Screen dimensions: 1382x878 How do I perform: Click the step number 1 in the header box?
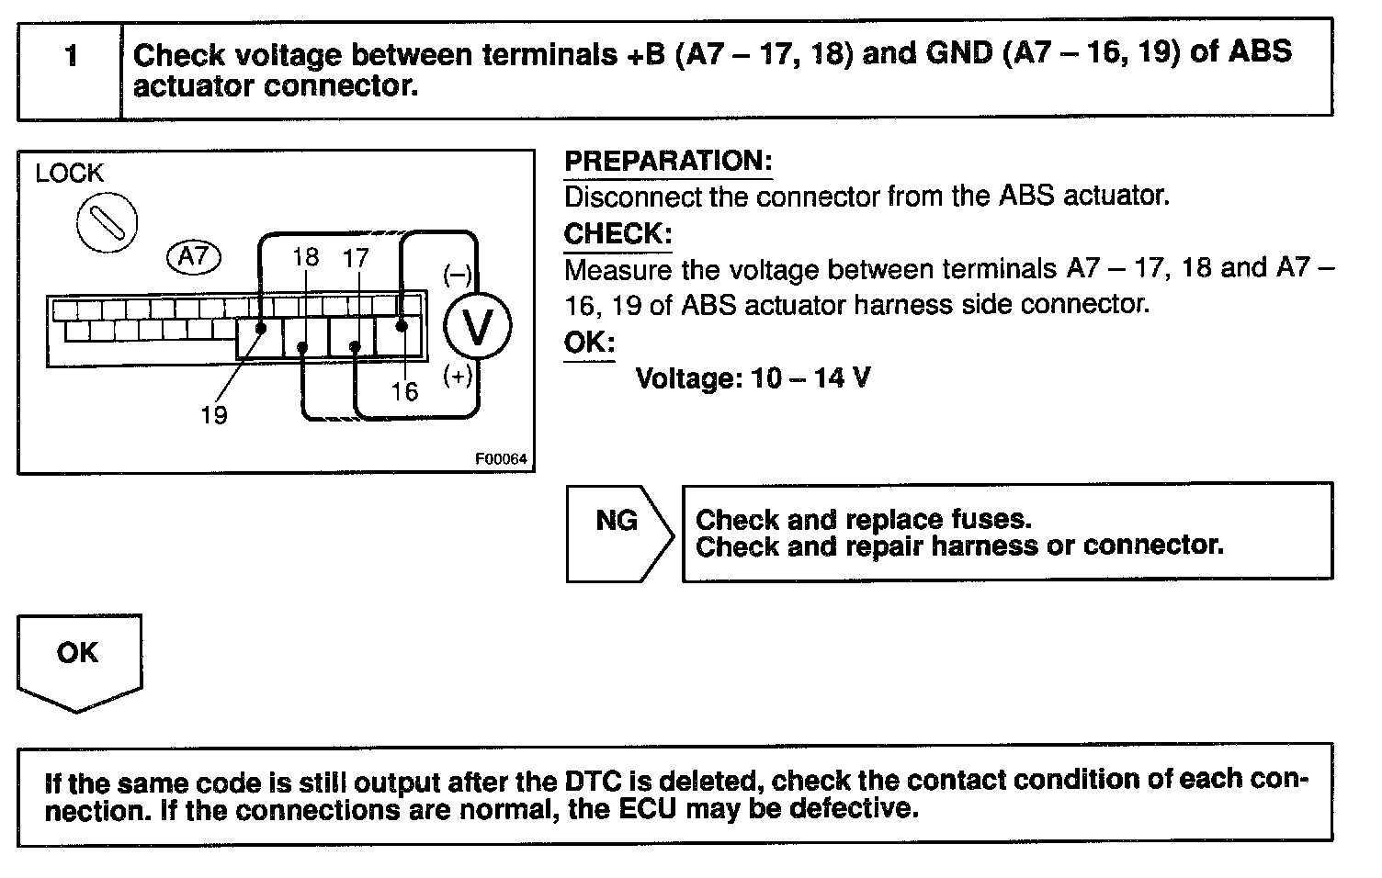coord(71,57)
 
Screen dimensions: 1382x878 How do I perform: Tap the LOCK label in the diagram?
coord(69,173)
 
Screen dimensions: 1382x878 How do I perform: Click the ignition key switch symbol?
coord(107,223)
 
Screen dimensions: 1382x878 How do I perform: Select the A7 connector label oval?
coord(194,256)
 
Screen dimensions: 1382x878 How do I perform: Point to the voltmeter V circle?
coord(477,324)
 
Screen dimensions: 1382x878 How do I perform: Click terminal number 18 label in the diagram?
coord(305,257)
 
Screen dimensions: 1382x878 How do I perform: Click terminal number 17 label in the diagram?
coord(356,258)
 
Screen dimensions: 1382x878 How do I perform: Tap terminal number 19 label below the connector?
coord(213,415)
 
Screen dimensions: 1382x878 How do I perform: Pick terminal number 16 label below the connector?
coord(403,392)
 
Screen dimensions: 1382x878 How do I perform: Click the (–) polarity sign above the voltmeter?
coord(457,275)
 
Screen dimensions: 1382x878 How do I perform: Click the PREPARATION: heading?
coord(668,161)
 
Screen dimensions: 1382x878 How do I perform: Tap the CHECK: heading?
coord(617,233)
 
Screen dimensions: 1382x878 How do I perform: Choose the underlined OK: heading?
coord(589,343)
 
